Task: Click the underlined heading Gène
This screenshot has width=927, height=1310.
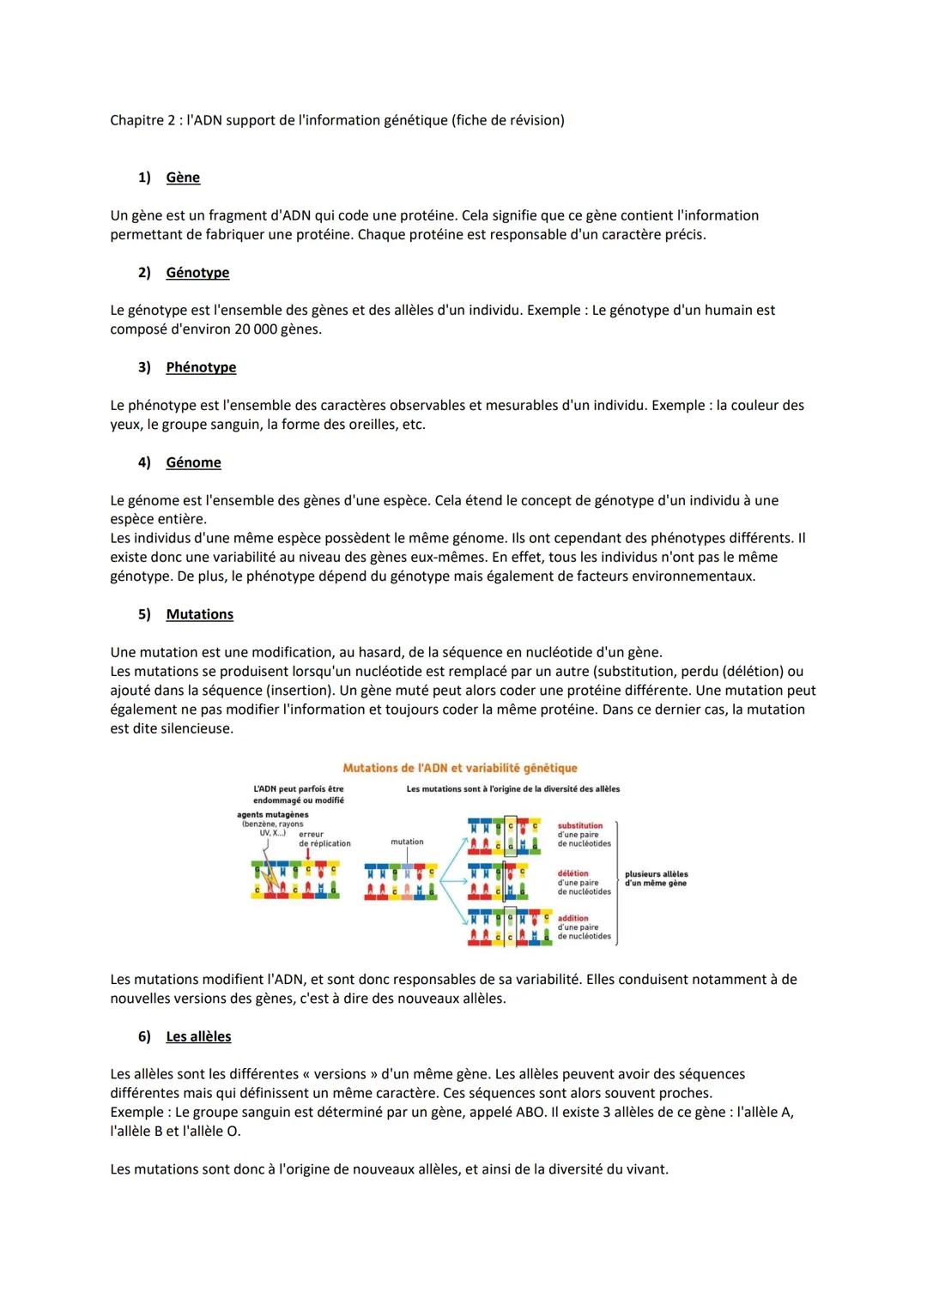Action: (x=183, y=178)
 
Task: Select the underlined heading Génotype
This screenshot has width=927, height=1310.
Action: (x=197, y=273)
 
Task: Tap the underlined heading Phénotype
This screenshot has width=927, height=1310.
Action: (x=201, y=367)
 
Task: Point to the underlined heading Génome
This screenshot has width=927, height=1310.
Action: (x=193, y=462)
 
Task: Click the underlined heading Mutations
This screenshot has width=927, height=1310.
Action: (x=199, y=614)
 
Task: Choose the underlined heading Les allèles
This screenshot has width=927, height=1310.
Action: (x=198, y=1036)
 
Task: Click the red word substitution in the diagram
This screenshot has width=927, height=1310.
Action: (x=580, y=826)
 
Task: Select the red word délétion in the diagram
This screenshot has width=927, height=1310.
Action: (x=573, y=873)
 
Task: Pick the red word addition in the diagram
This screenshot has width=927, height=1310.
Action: (x=573, y=918)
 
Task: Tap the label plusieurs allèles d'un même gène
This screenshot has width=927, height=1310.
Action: (x=656, y=878)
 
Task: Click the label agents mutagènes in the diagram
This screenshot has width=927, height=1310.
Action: (x=272, y=815)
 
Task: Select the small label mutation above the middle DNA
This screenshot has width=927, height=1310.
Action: (x=407, y=842)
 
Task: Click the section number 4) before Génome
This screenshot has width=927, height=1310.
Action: (x=144, y=462)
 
